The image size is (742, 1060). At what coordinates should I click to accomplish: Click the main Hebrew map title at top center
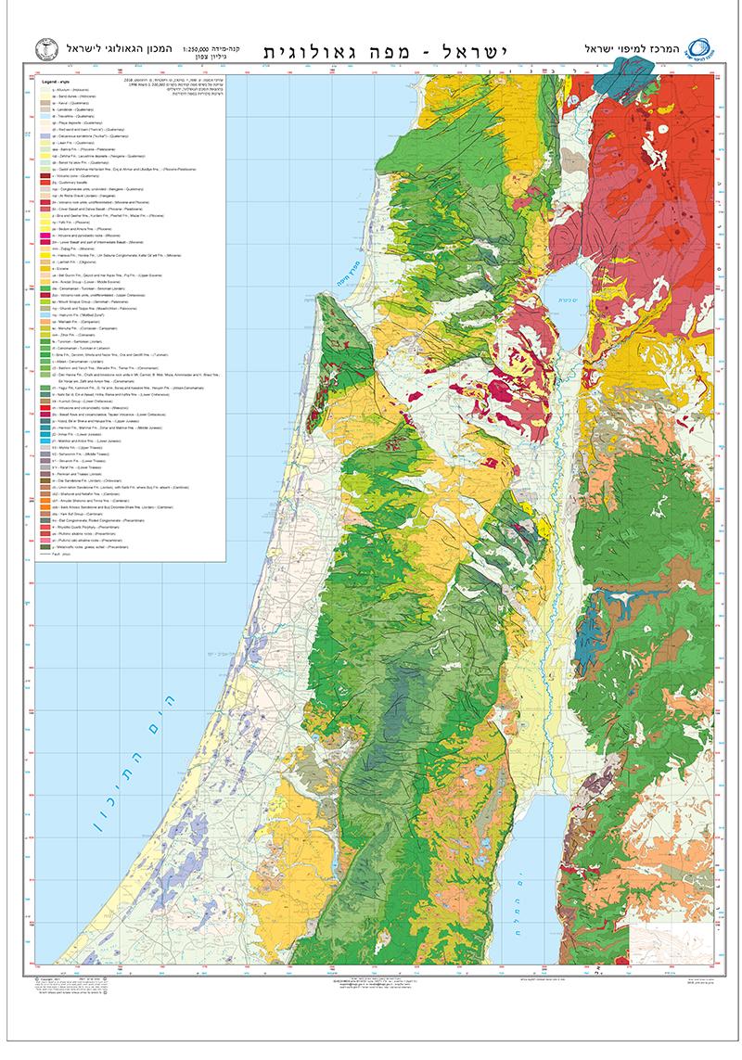tap(375, 49)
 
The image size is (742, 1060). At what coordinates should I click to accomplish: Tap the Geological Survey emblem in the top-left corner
tap(41, 48)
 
